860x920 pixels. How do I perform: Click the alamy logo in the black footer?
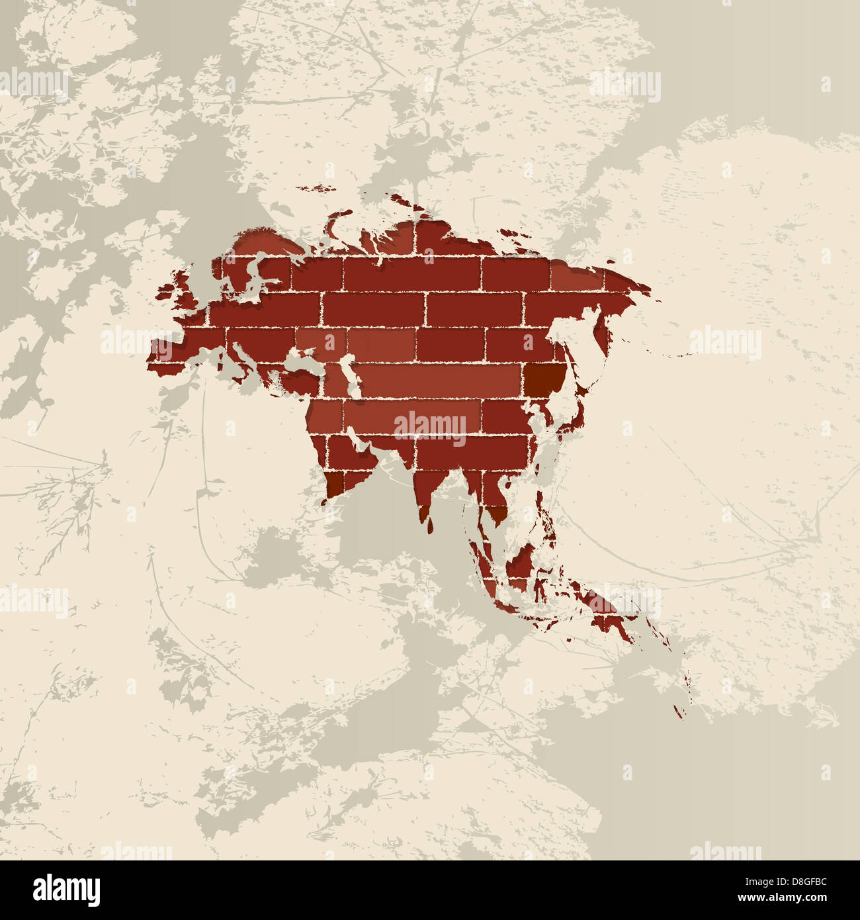tap(66, 890)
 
